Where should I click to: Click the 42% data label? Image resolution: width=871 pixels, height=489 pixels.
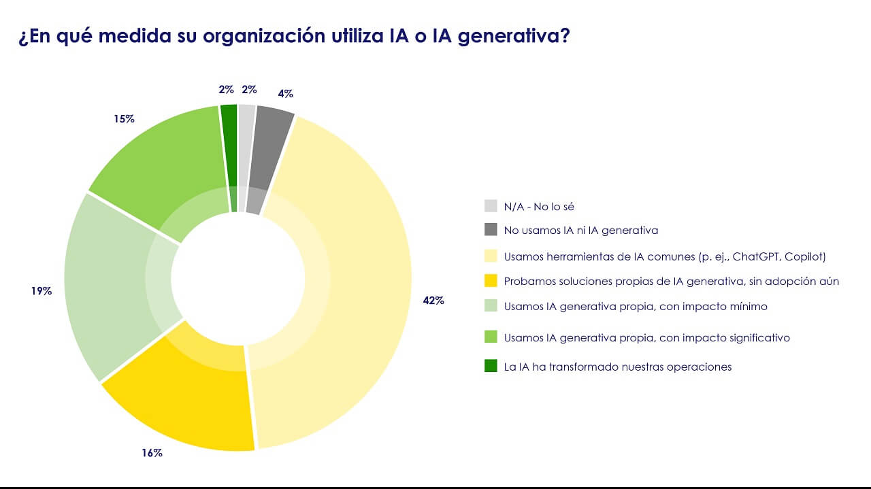(x=433, y=300)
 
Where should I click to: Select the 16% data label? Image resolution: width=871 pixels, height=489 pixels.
(x=152, y=452)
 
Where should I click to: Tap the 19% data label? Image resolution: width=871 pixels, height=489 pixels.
(x=41, y=291)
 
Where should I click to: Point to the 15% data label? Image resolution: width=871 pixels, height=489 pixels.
(x=124, y=118)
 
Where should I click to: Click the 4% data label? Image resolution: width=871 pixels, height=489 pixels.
(x=285, y=94)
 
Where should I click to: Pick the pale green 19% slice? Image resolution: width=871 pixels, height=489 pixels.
(x=109, y=286)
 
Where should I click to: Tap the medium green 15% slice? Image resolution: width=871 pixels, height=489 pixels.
(x=163, y=163)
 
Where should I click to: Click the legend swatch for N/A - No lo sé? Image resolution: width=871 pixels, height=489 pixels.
(x=491, y=206)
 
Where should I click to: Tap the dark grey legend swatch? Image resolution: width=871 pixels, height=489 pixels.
(x=491, y=230)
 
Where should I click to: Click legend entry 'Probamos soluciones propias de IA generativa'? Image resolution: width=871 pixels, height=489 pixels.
(x=671, y=281)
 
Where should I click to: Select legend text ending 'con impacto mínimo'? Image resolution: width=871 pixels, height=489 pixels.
(x=636, y=306)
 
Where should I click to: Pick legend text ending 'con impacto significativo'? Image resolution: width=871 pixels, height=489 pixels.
(x=646, y=337)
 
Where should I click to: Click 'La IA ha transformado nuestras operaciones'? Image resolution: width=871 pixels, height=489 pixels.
(x=617, y=367)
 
